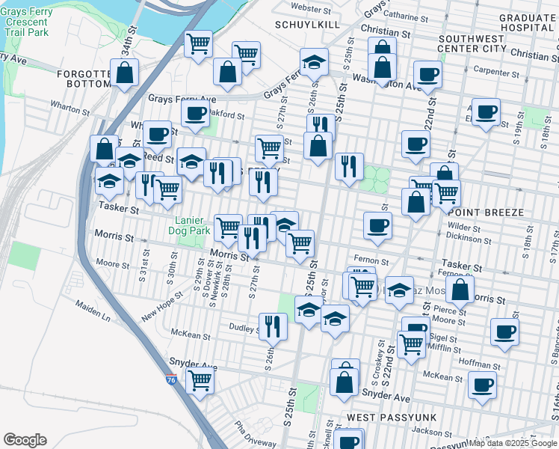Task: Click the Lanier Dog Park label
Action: (x=192, y=225)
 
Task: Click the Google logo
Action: (x=25, y=440)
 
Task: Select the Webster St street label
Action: (x=311, y=8)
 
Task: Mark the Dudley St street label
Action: (x=244, y=327)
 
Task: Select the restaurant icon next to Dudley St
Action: (x=272, y=325)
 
